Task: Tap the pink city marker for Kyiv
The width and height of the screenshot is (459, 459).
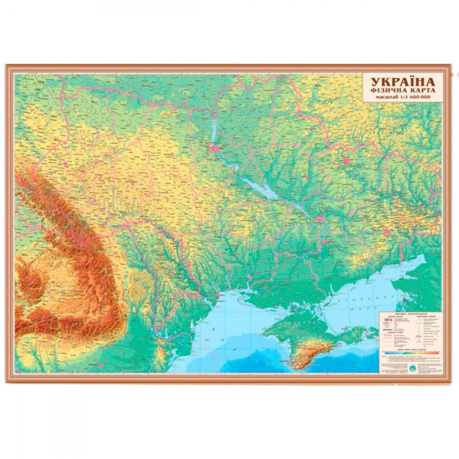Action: pyautogui.click(x=214, y=148)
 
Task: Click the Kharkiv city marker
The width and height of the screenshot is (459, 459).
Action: pyautogui.click(x=347, y=162)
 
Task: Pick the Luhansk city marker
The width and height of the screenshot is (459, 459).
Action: pyautogui.click(x=420, y=206)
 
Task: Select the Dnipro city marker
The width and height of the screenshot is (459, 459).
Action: pyautogui.click(x=319, y=220)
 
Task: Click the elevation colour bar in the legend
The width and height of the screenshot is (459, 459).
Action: pyautogui.click(x=409, y=352)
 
